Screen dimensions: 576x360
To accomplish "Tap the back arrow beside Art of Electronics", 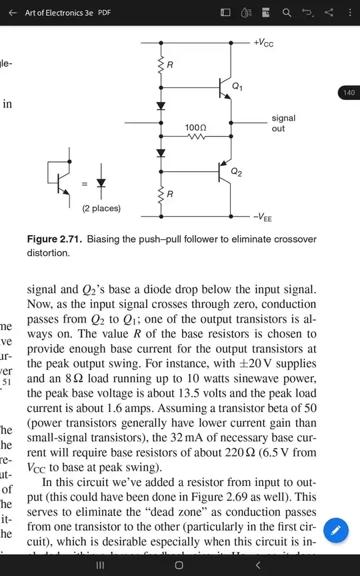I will [x=13, y=13].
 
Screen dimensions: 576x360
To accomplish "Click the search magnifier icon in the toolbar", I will [x=287, y=13].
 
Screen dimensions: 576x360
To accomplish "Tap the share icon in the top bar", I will [x=329, y=13].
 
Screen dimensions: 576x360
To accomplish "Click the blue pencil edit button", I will [x=337, y=531].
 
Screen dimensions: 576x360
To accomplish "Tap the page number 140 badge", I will [x=349, y=93].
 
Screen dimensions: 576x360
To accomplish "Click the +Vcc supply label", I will [x=263, y=43].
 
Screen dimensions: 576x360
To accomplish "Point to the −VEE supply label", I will [x=263, y=217].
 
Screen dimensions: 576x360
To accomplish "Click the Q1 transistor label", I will [x=237, y=87].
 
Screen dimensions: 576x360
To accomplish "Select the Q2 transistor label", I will [x=237, y=172].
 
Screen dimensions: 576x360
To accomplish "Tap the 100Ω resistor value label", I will [x=195, y=126].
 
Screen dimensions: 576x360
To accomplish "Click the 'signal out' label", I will [x=283, y=123].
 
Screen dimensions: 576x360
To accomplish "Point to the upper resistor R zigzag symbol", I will [x=161, y=65].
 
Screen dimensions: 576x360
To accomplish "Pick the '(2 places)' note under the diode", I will [x=101, y=208].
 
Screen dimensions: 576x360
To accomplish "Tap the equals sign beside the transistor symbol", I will [x=84, y=183].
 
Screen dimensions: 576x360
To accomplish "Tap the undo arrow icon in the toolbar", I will [x=307, y=13].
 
